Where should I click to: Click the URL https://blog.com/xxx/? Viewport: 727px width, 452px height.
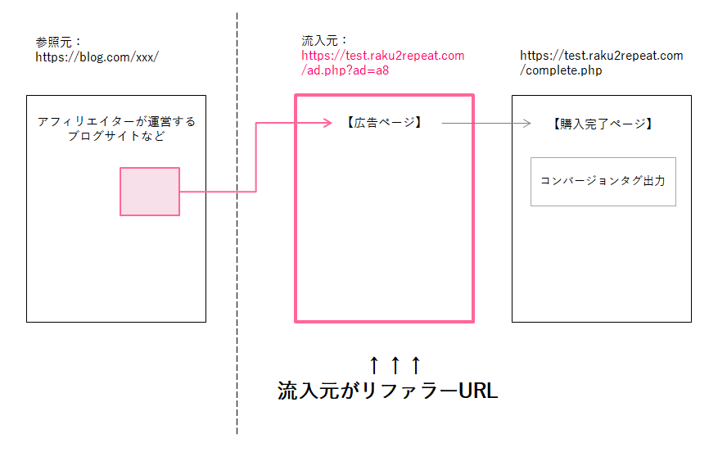[x=97, y=57]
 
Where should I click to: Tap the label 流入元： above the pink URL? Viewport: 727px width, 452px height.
[x=325, y=40]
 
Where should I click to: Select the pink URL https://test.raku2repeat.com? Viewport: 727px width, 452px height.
[x=382, y=56]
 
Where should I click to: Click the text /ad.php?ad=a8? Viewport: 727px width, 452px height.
[x=345, y=71]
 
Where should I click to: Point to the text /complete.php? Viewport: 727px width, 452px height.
[x=561, y=71]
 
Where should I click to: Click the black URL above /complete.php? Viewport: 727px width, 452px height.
[x=601, y=56]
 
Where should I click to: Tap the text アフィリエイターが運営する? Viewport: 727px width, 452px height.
[x=116, y=121]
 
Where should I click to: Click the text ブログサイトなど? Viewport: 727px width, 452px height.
[x=116, y=136]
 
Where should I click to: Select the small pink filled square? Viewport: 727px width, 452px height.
[x=150, y=192]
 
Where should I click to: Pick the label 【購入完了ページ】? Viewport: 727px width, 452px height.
[x=602, y=124]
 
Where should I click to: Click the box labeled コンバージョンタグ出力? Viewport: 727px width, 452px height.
[x=603, y=181]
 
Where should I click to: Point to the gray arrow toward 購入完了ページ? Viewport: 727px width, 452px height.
[x=487, y=124]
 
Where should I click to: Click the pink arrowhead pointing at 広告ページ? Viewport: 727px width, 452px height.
[x=327, y=124]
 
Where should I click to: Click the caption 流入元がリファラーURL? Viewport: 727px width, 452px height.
[x=387, y=391]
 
